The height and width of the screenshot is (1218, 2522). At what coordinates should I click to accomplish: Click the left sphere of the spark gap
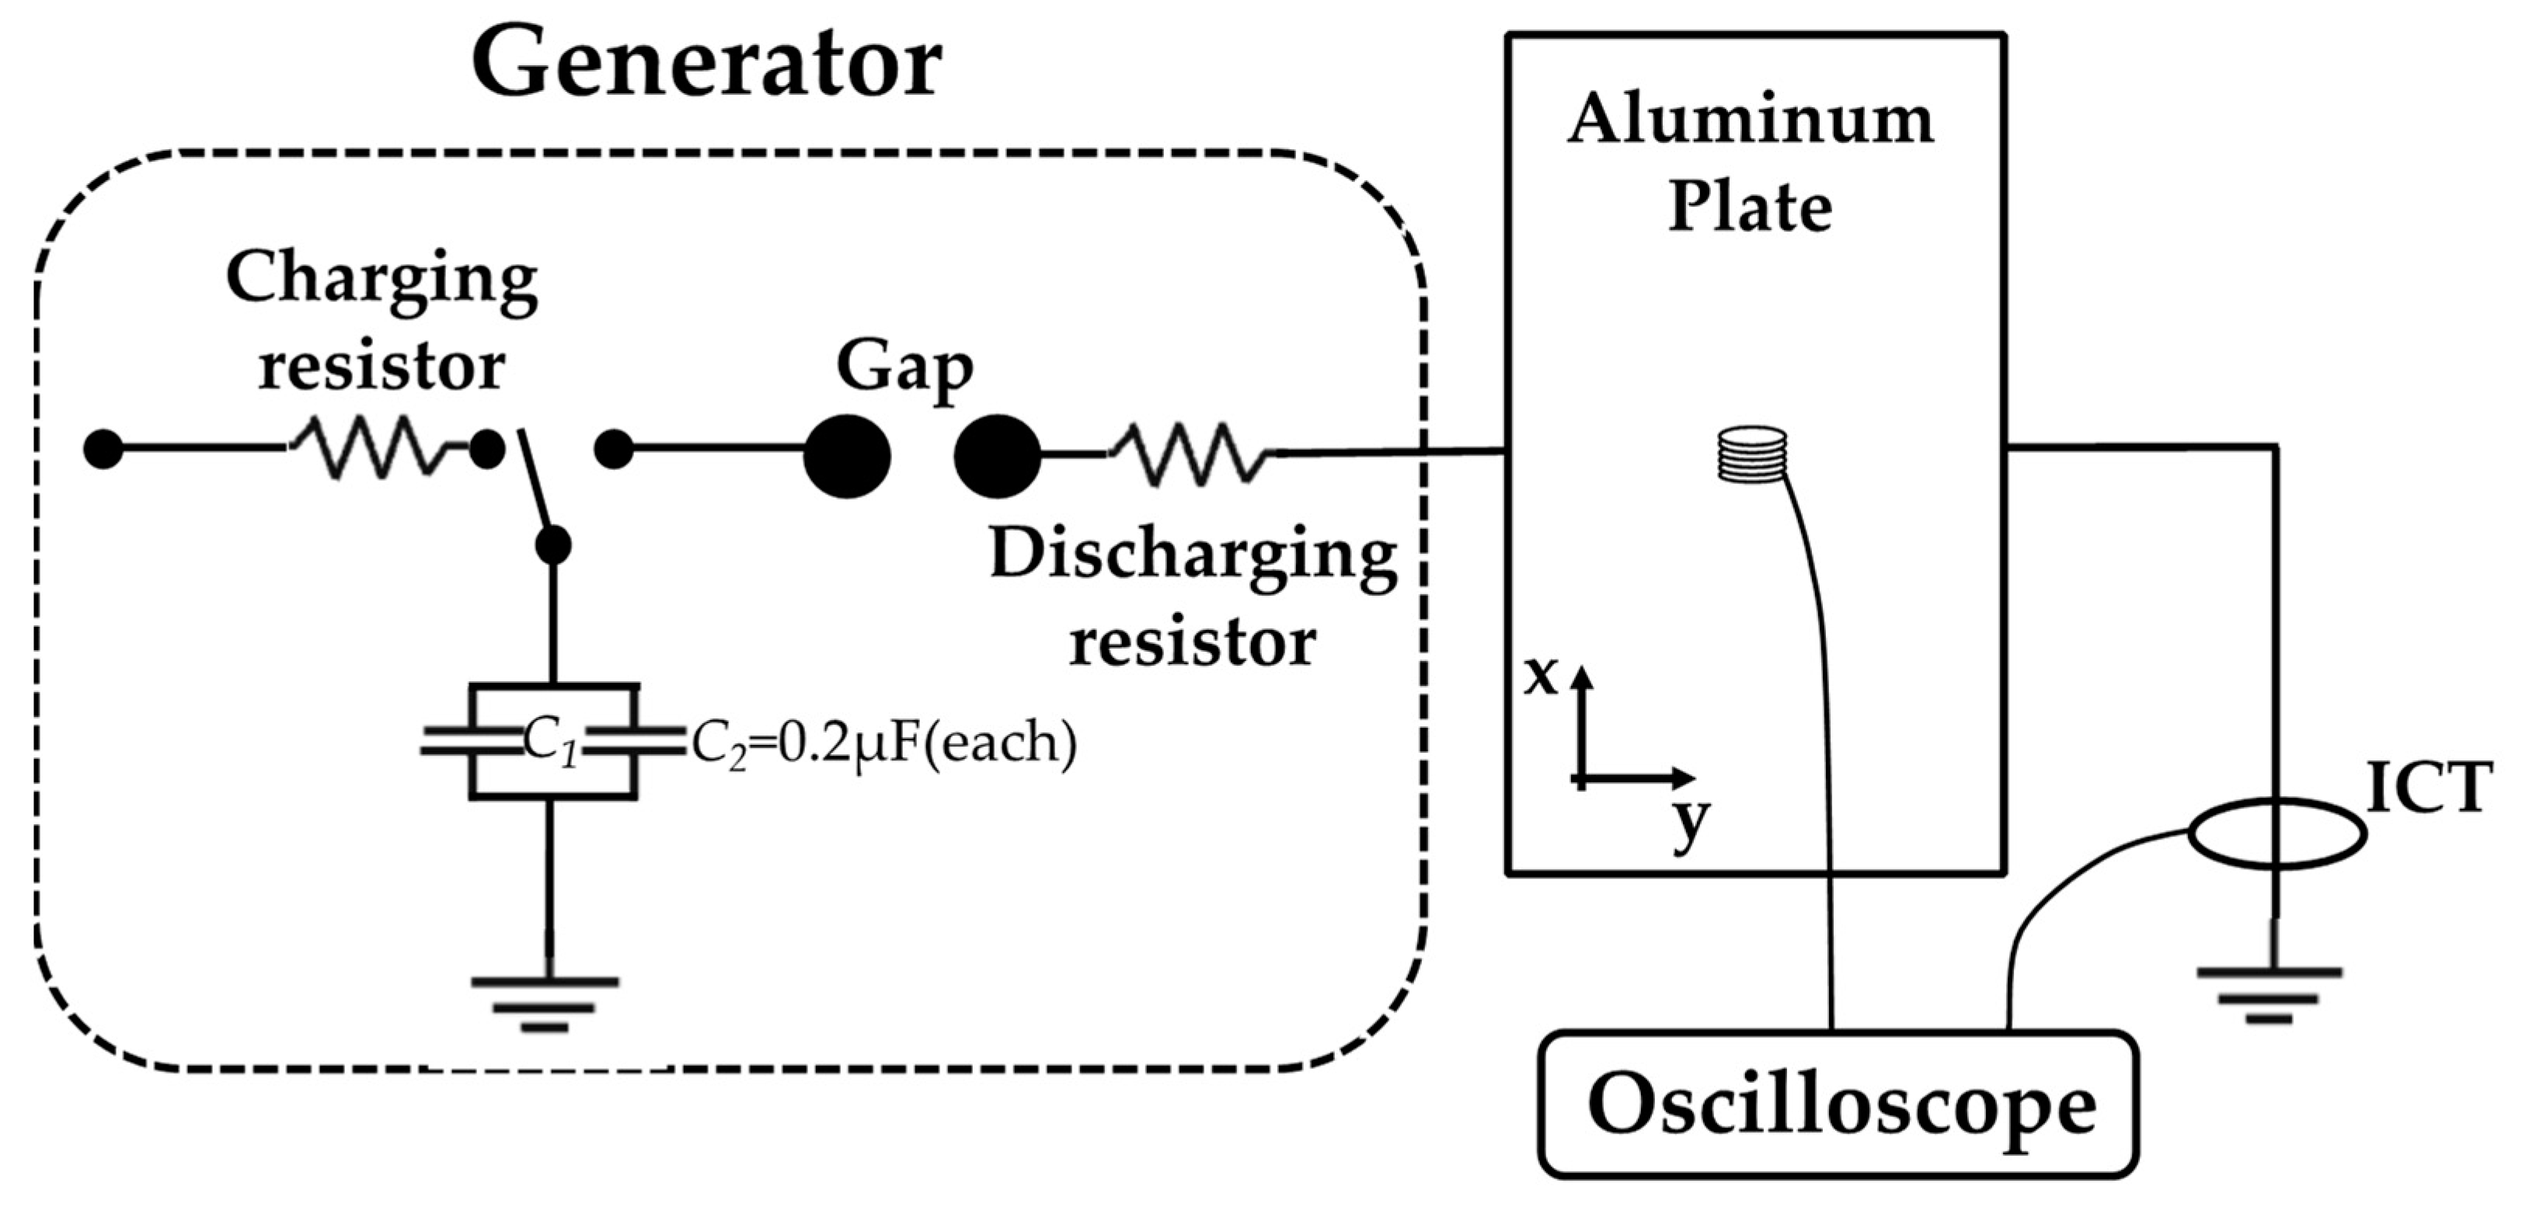[847, 456]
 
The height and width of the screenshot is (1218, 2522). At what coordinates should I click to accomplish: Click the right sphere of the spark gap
[997, 456]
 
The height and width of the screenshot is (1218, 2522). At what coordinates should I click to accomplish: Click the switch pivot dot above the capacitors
[553, 545]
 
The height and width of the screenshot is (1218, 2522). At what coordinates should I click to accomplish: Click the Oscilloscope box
[1837, 1105]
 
